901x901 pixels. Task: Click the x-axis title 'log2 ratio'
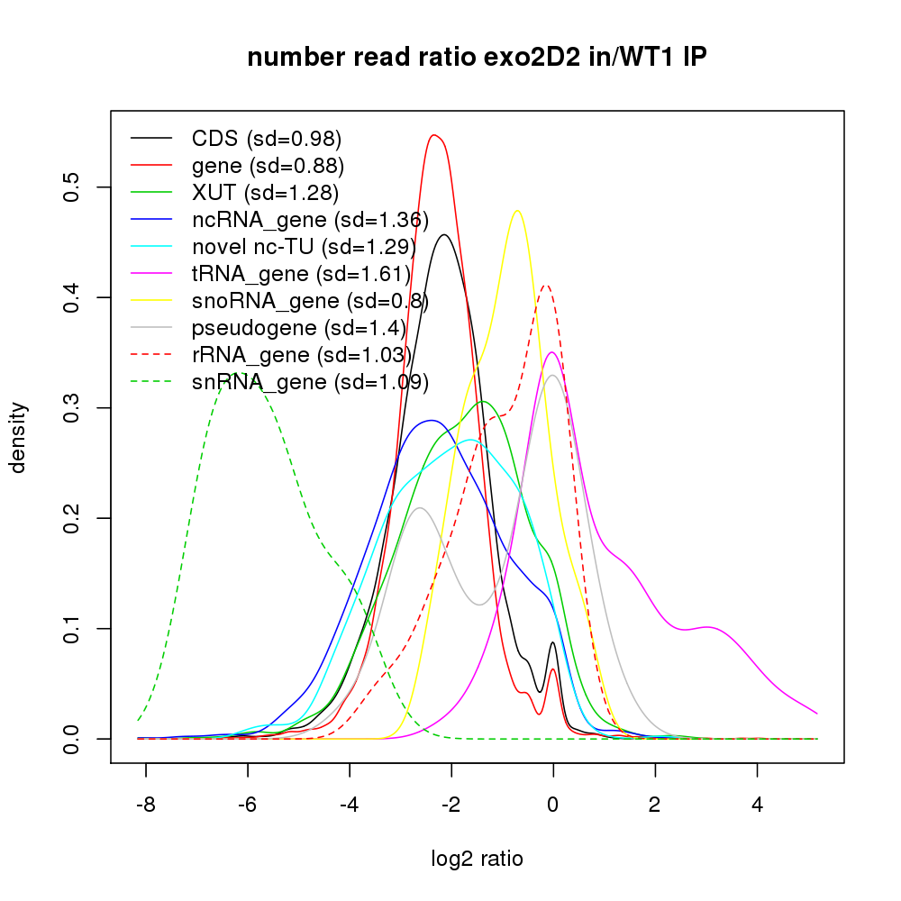pos(477,858)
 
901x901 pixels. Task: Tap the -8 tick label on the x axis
pos(145,804)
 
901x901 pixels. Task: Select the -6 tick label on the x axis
pos(247,804)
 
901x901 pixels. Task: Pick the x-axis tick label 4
pos(757,804)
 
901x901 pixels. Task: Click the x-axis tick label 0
pos(553,804)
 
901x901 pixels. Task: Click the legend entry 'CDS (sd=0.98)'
pos(267,139)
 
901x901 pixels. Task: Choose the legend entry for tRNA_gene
pos(301,274)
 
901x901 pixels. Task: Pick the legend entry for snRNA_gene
pos(310,382)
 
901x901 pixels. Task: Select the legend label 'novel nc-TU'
pos(303,247)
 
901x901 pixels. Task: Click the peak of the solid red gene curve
pos(434,135)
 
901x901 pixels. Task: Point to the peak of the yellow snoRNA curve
pos(517,211)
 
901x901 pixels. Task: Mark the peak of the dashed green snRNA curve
pos(237,372)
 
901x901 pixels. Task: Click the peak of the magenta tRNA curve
pos(552,352)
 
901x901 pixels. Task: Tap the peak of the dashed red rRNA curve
pos(544,285)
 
